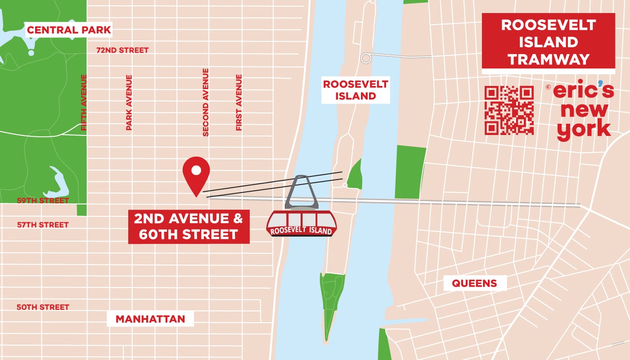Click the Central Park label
[x=69, y=31]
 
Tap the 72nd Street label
[x=122, y=50]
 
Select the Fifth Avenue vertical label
[x=83, y=103]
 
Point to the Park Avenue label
[x=129, y=103]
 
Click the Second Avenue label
[x=206, y=102]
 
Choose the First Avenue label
[x=239, y=103]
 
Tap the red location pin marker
[x=196, y=174]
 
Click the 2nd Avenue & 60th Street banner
[x=189, y=227]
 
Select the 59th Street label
[x=43, y=200]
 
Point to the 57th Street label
[x=43, y=225]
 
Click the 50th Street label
[x=43, y=307]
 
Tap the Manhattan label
[x=150, y=319]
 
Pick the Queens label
[x=474, y=283]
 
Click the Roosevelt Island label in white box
[x=355, y=90]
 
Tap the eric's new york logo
[x=584, y=111]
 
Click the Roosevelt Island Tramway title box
[x=548, y=42]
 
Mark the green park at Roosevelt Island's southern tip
[x=330, y=301]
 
